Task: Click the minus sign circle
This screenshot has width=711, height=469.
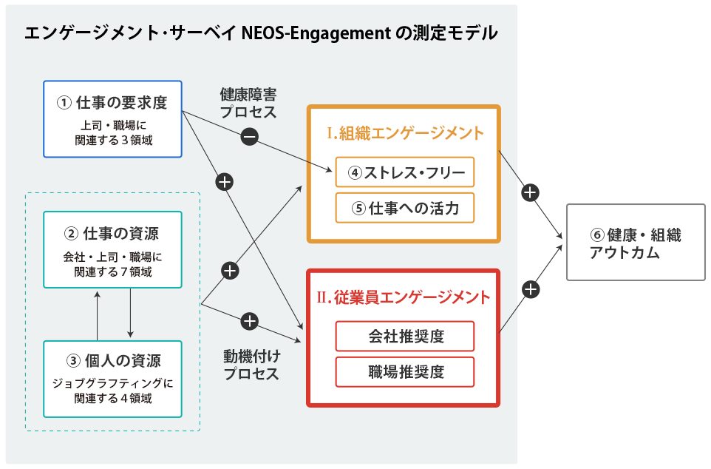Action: coord(249,136)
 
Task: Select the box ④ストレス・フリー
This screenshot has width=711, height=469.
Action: coord(404,172)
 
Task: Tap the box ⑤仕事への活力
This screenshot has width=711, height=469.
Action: coord(404,208)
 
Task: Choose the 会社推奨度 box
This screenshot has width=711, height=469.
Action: coord(404,337)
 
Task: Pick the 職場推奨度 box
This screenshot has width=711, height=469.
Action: coord(404,371)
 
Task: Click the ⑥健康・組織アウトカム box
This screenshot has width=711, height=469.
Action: coord(636,243)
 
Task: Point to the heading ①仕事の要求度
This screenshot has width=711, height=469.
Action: coord(112,102)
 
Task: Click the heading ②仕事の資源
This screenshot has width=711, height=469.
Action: coord(112,234)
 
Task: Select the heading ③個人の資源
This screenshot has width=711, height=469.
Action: coord(112,361)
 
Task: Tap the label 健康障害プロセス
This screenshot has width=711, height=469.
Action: coord(248,104)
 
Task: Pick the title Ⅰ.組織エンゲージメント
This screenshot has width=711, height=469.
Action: coord(405,133)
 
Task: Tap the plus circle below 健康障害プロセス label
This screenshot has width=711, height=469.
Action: coord(225,181)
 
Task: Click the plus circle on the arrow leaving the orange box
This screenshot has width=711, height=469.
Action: coord(529,192)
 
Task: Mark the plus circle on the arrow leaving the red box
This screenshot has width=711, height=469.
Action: coord(530,289)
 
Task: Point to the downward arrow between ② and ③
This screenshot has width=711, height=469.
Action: coord(130,312)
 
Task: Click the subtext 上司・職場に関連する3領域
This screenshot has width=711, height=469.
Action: coord(112,132)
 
